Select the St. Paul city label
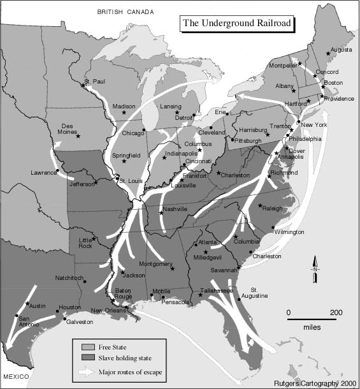coord(94,82)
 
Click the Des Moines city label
coord(68,128)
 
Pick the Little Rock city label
coord(85,243)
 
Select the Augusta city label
coord(340,49)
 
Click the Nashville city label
coord(175,209)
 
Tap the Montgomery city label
coord(155,264)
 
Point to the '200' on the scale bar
coord(335,312)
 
